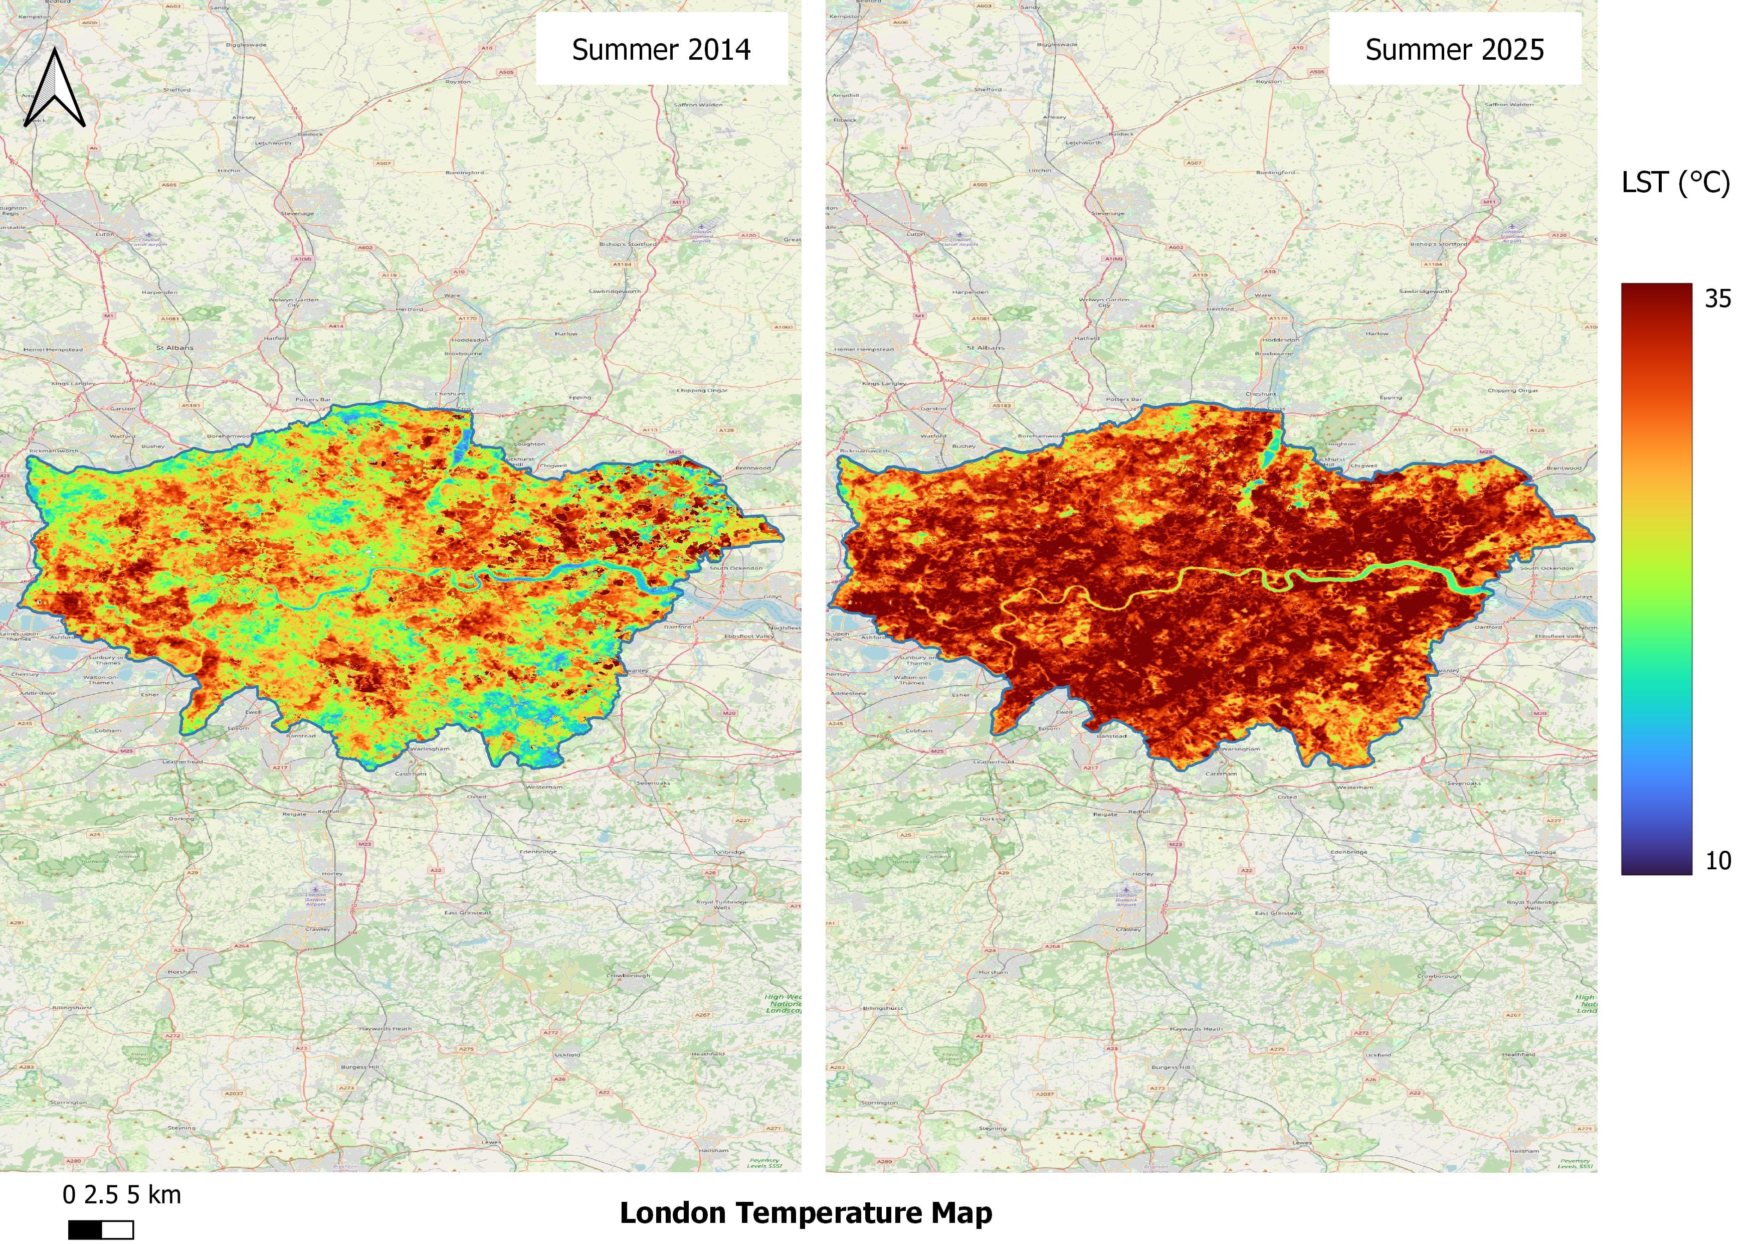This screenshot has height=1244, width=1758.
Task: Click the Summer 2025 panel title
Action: pyautogui.click(x=1454, y=50)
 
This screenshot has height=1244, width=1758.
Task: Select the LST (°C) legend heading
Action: pyautogui.click(x=1675, y=182)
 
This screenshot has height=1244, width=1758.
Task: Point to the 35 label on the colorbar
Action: pyautogui.click(x=1717, y=299)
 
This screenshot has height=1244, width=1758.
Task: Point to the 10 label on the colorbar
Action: pyautogui.click(x=1717, y=861)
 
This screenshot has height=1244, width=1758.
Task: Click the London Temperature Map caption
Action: pyautogui.click(x=806, y=1212)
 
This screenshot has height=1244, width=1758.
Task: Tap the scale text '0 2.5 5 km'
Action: pyautogui.click(x=122, y=1195)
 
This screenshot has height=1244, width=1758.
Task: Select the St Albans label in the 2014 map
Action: pyautogui.click(x=174, y=348)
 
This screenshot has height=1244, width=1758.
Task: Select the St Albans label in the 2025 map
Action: pyautogui.click(x=986, y=348)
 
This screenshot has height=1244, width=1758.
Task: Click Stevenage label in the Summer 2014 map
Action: pyautogui.click(x=297, y=214)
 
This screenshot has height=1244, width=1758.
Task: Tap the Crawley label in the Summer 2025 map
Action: pyautogui.click(x=1128, y=929)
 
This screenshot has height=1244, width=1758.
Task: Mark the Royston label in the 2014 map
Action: pyautogui.click(x=458, y=81)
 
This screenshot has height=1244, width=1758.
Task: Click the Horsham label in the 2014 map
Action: pyautogui.click(x=182, y=971)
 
